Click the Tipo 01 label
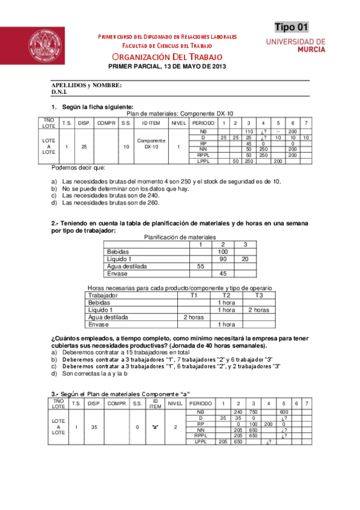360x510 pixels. click(291, 26)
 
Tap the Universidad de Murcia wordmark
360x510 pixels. click(296, 46)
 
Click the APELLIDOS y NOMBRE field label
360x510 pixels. click(87, 85)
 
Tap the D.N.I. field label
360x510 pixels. click(59, 93)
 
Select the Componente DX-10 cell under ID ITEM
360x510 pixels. click(151, 143)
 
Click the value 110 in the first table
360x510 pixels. click(248, 131)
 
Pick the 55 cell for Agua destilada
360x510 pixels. click(201, 266)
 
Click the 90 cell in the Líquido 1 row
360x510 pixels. click(222, 259)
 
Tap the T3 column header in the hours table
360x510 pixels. click(258, 295)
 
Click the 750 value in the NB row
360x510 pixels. click(253, 411)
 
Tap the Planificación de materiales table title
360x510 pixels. click(180, 237)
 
